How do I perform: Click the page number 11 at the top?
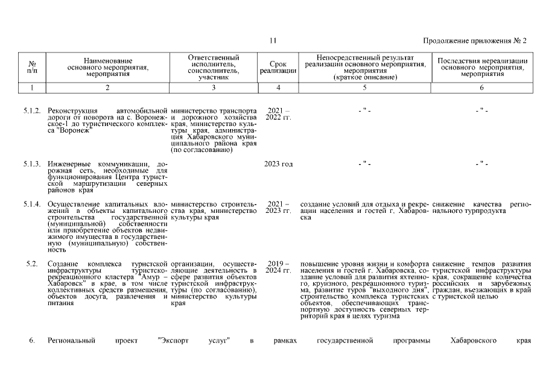pyautogui.click(x=273, y=40)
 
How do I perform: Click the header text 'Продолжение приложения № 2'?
pyautogui.click(x=475, y=40)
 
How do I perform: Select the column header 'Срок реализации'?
pyautogui.click(x=278, y=68)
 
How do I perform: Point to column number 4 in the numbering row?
pyautogui.click(x=278, y=88)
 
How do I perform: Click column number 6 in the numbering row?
pyautogui.click(x=481, y=88)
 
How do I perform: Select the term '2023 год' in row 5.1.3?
pyautogui.click(x=278, y=164)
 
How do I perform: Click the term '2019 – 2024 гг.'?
pyautogui.click(x=278, y=268)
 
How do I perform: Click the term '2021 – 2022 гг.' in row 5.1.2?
pyautogui.click(x=278, y=115)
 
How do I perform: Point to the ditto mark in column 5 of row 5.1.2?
pyautogui.click(x=364, y=112)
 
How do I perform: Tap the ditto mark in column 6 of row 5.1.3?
pyautogui.click(x=481, y=164)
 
